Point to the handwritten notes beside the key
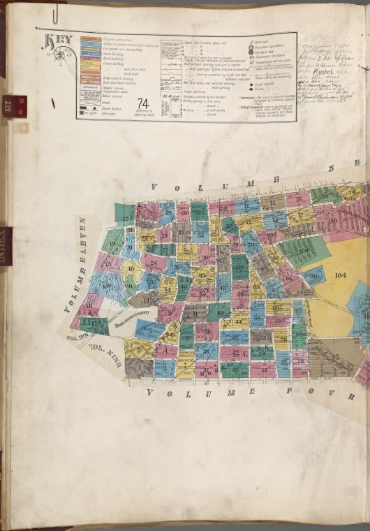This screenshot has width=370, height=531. [x=328, y=70]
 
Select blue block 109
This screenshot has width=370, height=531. [x=107, y=286]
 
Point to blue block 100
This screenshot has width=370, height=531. [x=315, y=275]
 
